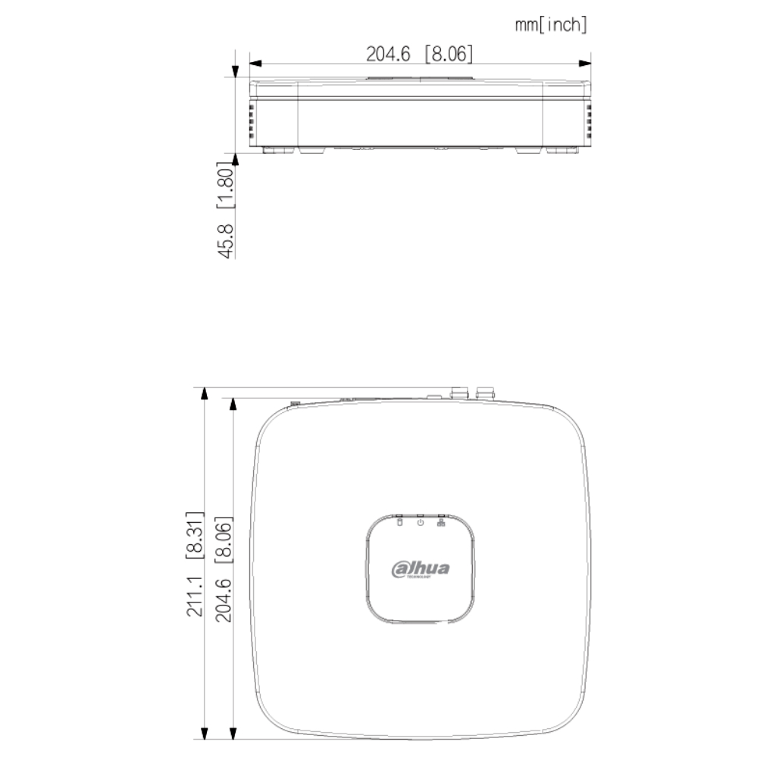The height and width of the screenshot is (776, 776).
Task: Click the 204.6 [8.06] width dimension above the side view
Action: (419, 54)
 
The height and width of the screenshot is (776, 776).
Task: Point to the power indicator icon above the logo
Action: (420, 521)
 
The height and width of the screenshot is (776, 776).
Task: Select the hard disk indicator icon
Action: (400, 521)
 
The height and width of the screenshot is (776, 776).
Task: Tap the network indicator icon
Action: (440, 521)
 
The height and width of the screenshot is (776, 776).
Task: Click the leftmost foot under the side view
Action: (278, 150)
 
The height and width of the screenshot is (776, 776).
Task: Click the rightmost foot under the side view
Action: (561, 150)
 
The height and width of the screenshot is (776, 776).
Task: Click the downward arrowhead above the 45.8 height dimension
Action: (236, 73)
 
